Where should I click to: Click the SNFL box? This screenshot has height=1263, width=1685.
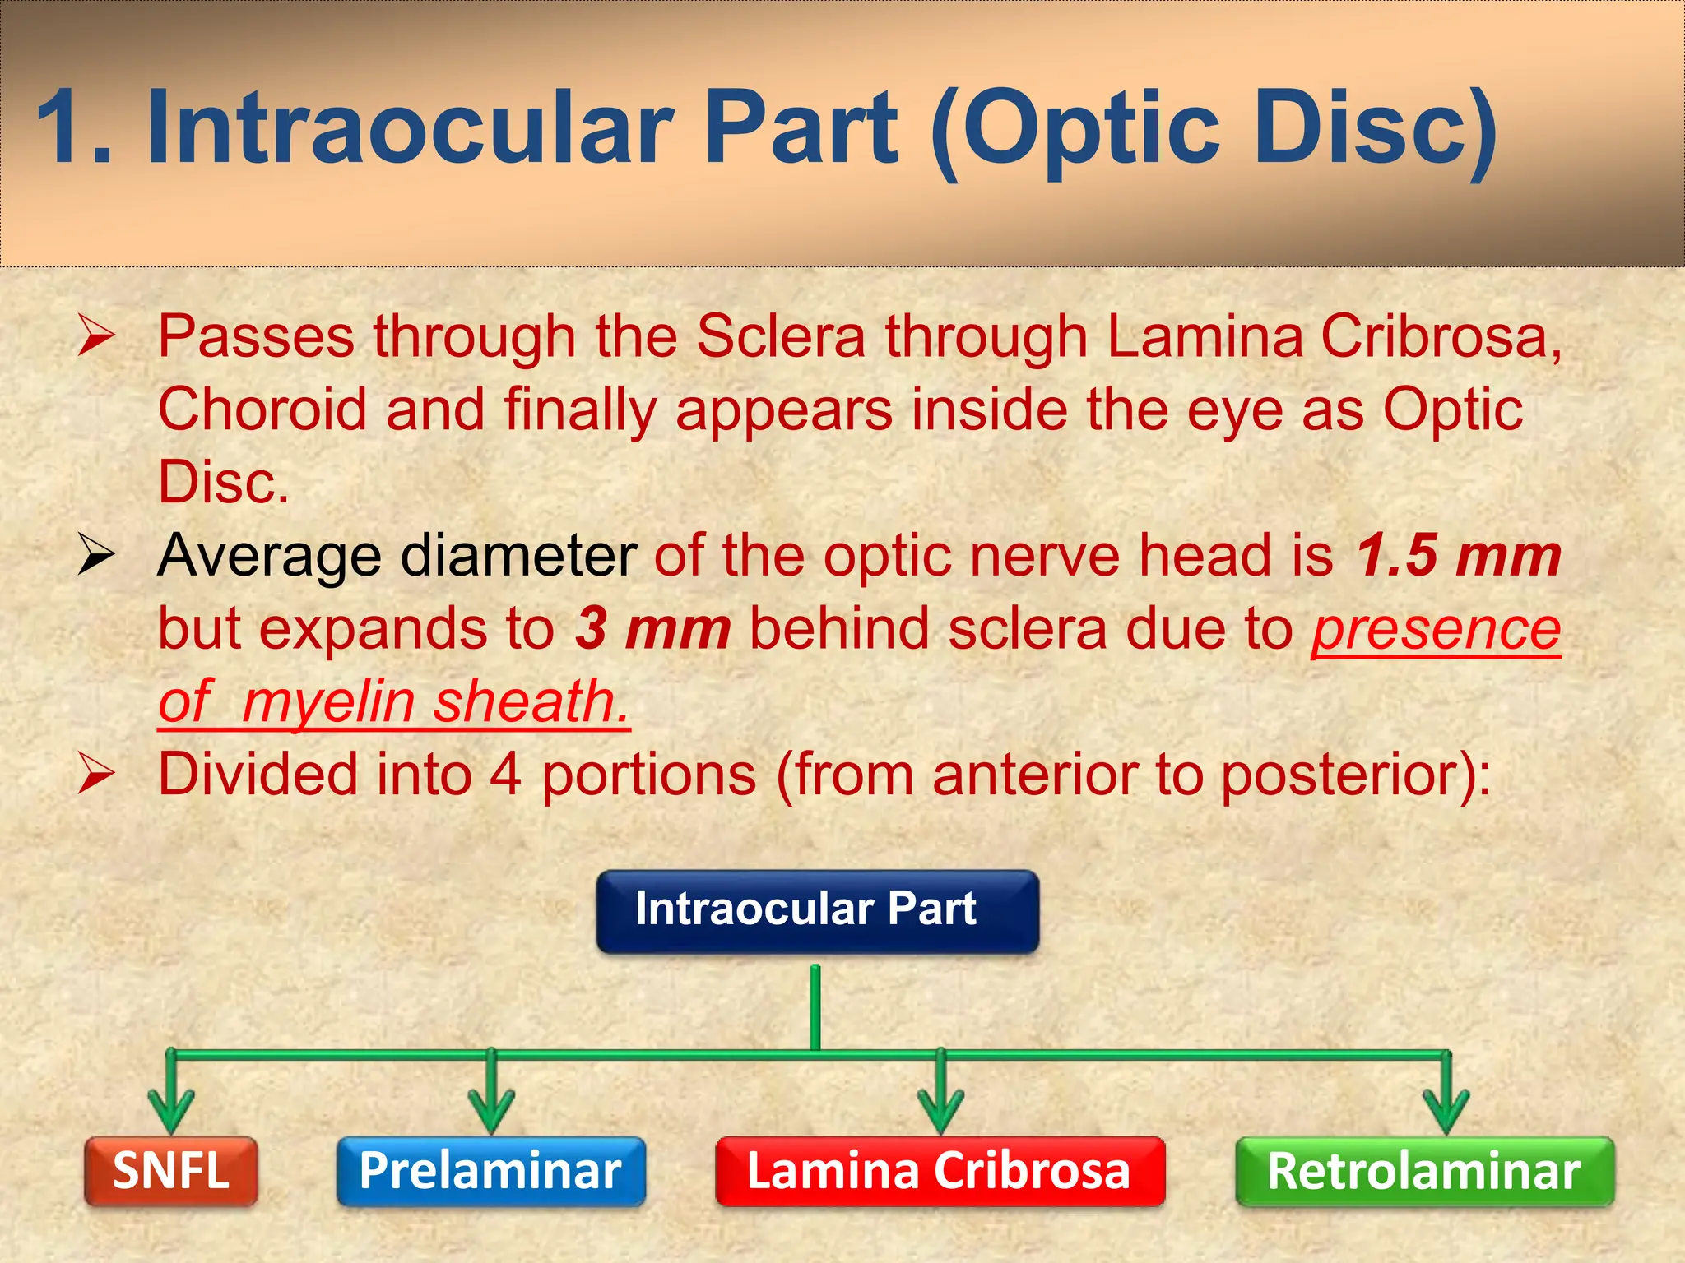(171, 1171)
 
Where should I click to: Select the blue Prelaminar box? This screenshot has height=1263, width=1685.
(491, 1171)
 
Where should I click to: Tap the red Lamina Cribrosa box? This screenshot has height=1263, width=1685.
(940, 1171)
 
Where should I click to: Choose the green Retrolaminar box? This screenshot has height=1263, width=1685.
(1424, 1171)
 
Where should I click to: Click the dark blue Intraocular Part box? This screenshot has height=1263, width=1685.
(817, 911)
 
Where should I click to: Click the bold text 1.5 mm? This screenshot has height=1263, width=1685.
(1458, 557)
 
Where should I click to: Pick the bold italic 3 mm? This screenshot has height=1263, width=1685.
(652, 629)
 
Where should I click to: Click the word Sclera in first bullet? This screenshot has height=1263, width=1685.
(781, 337)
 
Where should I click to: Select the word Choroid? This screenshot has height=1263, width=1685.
(262, 409)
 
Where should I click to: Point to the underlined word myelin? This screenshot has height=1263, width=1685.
(328, 702)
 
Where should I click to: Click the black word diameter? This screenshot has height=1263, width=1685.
(518, 557)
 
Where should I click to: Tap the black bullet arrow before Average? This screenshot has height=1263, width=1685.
(96, 555)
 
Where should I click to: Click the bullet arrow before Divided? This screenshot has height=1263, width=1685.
(96, 774)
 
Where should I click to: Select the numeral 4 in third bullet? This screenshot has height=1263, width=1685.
(505, 775)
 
